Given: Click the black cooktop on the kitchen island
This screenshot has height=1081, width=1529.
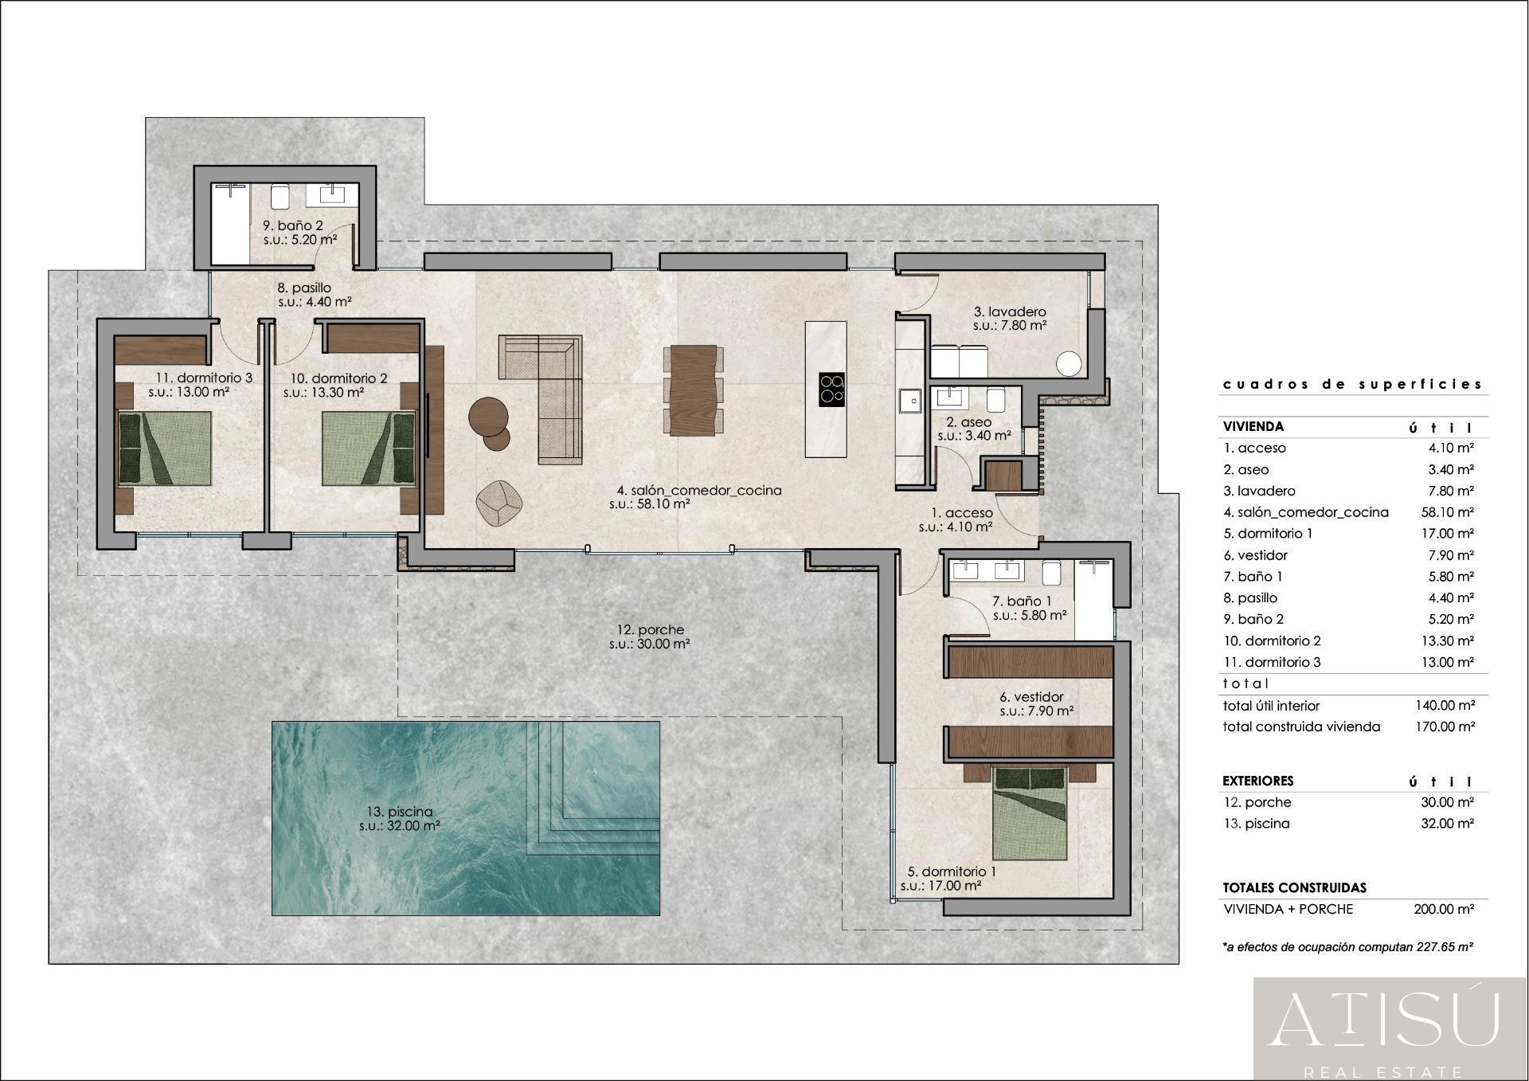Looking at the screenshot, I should (x=832, y=390).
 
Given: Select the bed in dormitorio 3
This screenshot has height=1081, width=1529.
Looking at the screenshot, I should (x=165, y=448).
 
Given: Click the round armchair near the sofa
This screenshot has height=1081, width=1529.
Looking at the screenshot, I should (x=499, y=503).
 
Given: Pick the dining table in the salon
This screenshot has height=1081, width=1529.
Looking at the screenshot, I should (x=694, y=390).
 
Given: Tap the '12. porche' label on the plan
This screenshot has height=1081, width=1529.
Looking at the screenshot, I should (x=650, y=630).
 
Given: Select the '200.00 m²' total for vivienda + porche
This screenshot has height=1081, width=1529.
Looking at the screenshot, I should (x=1444, y=909).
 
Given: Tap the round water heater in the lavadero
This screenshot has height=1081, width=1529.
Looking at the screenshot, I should (x=1069, y=364).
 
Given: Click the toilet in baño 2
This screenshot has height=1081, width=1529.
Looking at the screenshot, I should (x=279, y=195).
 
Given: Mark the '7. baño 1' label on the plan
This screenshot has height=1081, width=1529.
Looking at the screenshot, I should (x=1022, y=601).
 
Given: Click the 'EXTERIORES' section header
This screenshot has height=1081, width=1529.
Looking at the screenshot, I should (x=1258, y=781).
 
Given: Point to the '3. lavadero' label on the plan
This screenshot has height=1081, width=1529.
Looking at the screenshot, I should (x=1010, y=311).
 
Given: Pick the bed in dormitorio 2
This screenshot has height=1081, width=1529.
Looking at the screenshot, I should (x=369, y=448).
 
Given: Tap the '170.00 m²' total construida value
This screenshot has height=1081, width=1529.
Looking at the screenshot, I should (x=1445, y=727).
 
